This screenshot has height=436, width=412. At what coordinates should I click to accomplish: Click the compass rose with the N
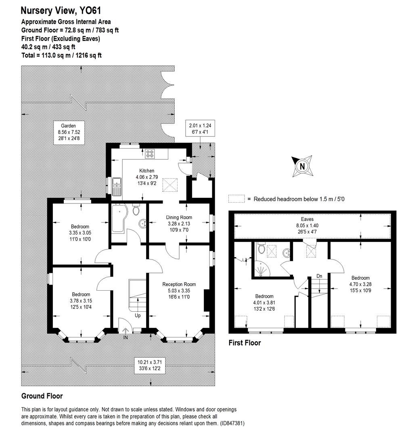point(302,166)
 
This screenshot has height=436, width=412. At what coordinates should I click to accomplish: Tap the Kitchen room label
point(147,171)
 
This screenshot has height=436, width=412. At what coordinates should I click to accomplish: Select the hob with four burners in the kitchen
point(151,153)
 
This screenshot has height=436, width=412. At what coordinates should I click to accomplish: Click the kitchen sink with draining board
point(117,186)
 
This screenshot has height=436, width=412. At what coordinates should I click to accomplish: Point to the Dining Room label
point(178,218)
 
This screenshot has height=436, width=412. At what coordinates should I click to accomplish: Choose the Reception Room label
point(179,284)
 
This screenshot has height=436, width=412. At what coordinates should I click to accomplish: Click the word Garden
point(66,126)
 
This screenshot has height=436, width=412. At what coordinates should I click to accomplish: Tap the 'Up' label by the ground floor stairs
point(138,315)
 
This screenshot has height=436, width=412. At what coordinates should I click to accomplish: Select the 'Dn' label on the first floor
point(319,276)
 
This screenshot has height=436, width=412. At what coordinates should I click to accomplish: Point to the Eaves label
point(313,220)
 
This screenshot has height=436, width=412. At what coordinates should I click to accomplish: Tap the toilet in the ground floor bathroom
point(136,210)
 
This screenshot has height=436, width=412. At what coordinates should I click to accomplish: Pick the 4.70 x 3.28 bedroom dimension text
point(360,284)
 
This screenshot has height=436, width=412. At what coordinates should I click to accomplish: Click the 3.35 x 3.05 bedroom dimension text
point(80,233)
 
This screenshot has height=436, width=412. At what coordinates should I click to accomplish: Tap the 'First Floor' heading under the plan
point(245,343)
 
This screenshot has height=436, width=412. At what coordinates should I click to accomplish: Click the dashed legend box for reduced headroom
point(236,199)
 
